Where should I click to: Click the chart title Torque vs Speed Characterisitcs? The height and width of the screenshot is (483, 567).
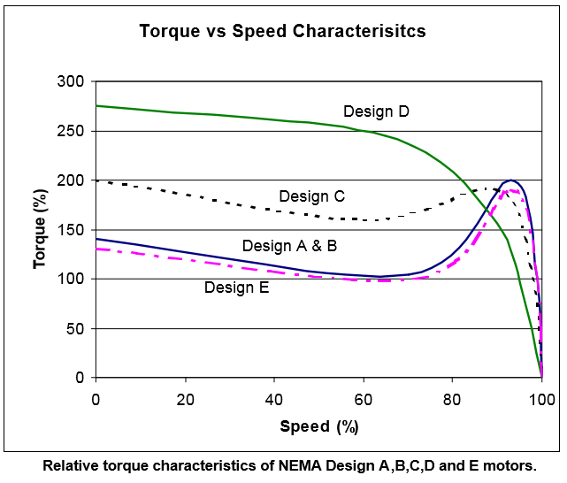click(282, 31)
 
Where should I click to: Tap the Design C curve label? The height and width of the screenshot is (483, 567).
click(311, 195)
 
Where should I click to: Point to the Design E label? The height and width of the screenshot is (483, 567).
click(236, 287)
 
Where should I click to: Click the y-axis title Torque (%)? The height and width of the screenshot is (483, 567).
click(39, 229)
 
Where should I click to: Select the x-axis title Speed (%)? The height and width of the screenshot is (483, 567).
click(318, 425)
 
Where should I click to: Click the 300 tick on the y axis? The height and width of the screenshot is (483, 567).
click(71, 81)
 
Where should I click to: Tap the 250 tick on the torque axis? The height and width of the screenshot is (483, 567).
click(71, 131)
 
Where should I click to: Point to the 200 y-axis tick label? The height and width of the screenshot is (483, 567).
click(71, 180)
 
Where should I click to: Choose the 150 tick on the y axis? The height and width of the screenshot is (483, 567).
click(71, 230)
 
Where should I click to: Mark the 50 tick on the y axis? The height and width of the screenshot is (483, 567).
click(74, 329)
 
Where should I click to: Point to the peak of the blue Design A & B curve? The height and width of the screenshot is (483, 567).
click(510, 180)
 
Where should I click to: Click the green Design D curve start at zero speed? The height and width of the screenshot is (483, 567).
click(96, 106)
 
